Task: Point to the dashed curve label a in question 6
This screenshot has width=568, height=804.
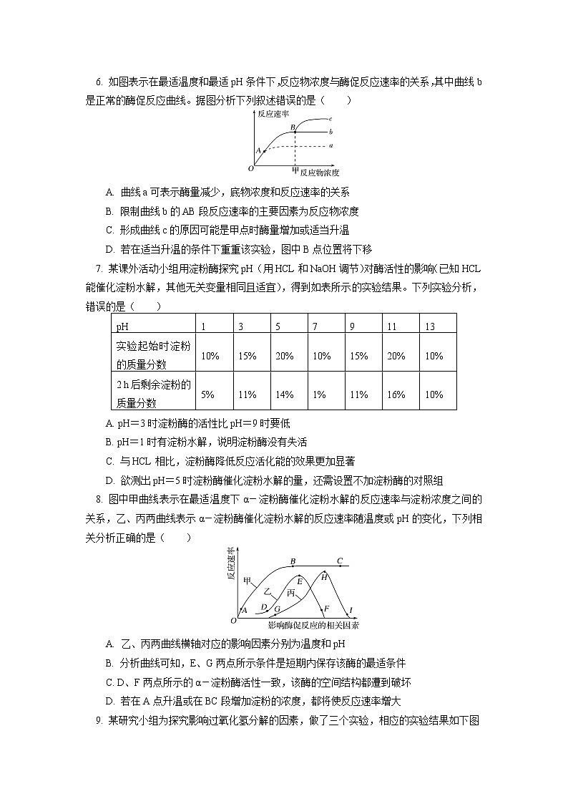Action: pyautogui.click(x=330, y=145)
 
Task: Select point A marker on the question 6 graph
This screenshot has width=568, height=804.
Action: pyautogui.click(x=264, y=151)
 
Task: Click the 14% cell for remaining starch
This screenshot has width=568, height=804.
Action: pyautogui.click(x=284, y=394)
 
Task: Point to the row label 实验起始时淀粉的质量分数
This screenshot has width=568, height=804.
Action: pyautogui.click(x=153, y=354)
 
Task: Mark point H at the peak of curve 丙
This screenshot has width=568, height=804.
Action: pyautogui.click(x=324, y=576)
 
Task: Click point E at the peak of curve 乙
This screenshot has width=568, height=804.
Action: pyautogui.click(x=299, y=580)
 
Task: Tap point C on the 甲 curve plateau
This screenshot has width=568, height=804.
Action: pyautogui.click(x=340, y=562)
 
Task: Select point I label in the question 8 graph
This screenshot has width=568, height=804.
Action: pyautogui.click(x=351, y=609)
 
